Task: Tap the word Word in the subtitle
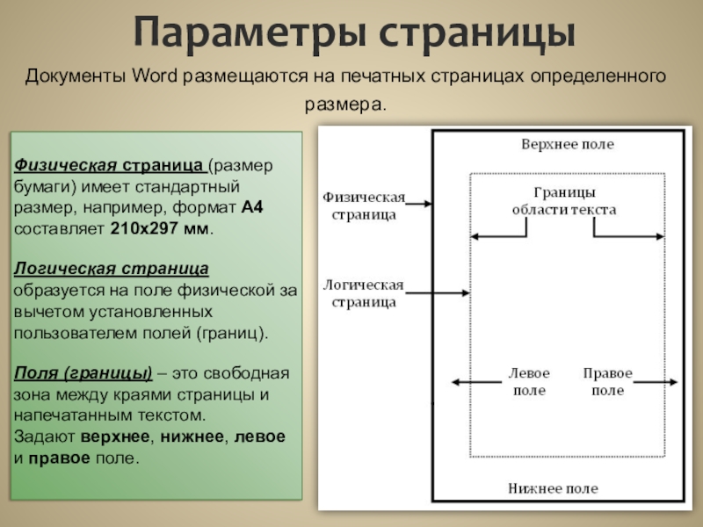click(x=156, y=75)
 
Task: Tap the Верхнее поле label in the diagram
click(x=568, y=144)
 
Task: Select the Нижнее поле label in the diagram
click(x=553, y=488)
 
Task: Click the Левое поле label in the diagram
click(x=527, y=382)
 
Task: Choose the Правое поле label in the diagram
click(x=607, y=382)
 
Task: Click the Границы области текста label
click(x=564, y=201)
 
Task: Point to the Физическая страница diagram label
click(x=363, y=205)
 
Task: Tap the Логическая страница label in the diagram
click(x=363, y=293)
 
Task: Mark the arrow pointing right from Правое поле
click(x=657, y=382)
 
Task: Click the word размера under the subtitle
click(x=344, y=104)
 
